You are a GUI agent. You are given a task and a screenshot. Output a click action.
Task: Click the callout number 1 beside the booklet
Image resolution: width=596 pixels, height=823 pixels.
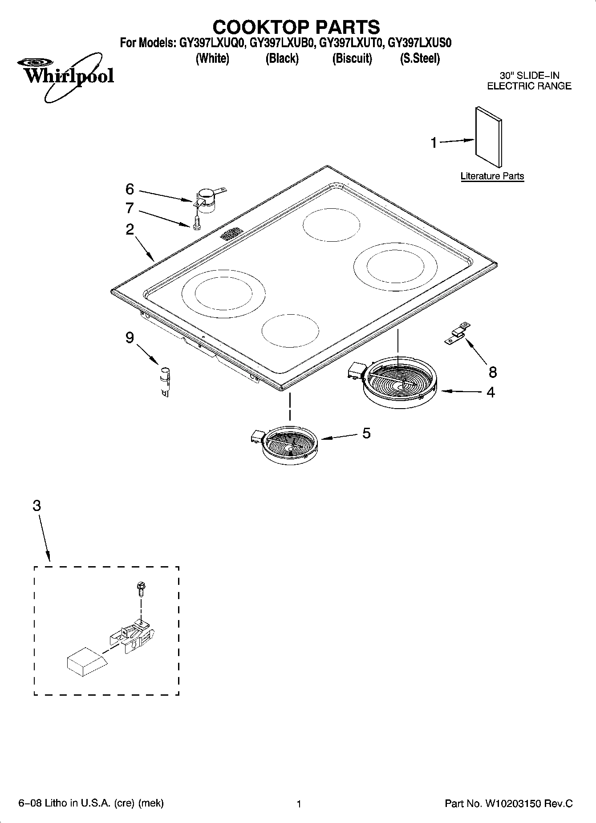(x=434, y=143)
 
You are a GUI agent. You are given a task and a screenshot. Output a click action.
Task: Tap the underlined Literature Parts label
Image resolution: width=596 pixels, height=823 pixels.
(x=492, y=176)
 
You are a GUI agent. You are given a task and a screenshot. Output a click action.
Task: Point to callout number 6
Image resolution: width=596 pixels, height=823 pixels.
(x=130, y=189)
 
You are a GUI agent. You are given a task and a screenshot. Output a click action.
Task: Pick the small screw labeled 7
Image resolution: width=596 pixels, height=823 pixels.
(x=197, y=222)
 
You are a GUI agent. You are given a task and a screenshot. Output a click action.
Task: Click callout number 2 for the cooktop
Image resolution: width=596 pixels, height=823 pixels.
(x=130, y=229)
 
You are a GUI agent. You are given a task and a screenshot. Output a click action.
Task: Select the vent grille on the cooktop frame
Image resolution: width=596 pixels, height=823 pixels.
(x=231, y=234)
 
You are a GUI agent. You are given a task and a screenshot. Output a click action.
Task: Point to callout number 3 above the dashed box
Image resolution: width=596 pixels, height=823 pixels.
(x=36, y=506)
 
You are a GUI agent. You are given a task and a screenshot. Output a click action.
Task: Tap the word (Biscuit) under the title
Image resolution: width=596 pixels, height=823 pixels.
(x=352, y=58)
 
